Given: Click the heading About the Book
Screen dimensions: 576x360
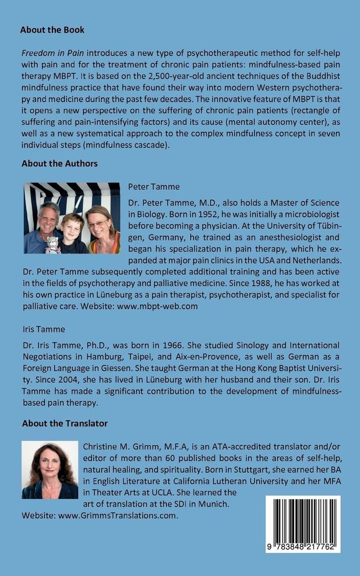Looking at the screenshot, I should [53, 29].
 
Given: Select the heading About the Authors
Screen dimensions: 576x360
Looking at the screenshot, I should [59, 164].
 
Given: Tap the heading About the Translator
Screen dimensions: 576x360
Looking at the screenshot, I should [64, 423].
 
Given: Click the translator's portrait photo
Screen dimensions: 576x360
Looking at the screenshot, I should [50, 470].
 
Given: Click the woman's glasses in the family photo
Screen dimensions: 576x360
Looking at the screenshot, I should [96, 224].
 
